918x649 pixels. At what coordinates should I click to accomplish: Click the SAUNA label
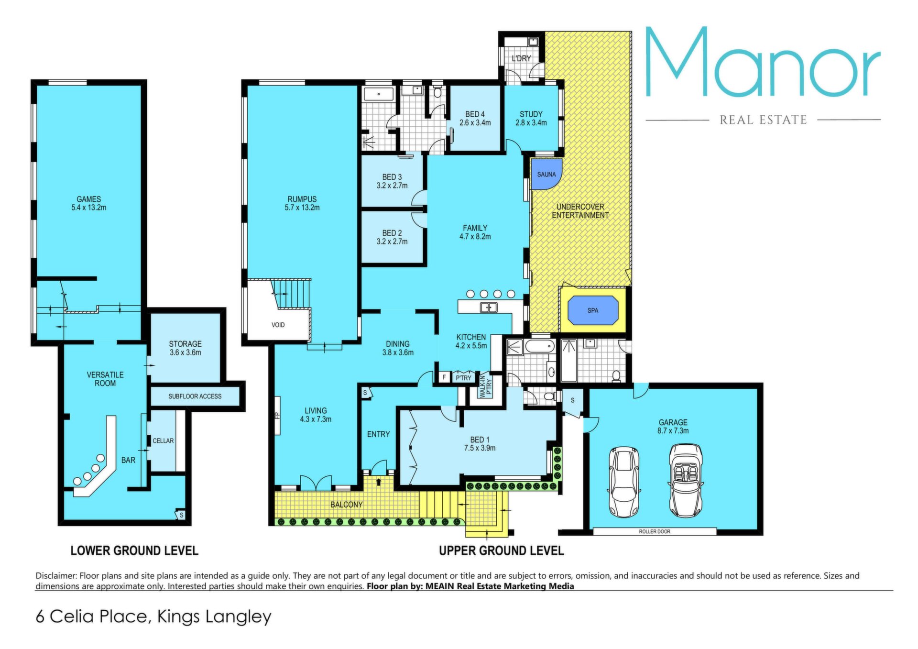(x=546, y=175)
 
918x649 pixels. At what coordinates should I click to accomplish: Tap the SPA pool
(x=593, y=310)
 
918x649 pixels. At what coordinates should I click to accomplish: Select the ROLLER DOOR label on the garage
(x=655, y=531)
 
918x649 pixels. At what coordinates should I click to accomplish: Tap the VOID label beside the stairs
(x=278, y=325)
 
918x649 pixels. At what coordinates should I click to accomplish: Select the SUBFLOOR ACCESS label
(x=195, y=396)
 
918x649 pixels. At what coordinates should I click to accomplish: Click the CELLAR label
(x=163, y=441)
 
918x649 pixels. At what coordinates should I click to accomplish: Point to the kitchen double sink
(x=488, y=308)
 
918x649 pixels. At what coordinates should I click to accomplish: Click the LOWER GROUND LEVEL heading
(x=134, y=551)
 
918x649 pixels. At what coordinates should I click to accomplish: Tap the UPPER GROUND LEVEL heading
(x=502, y=551)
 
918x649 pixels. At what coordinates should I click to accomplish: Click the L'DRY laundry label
(x=521, y=58)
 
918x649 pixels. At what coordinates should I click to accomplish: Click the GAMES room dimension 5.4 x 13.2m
(x=89, y=208)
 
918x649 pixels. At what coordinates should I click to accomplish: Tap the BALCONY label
(x=347, y=505)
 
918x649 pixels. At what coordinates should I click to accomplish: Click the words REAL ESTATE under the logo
(x=764, y=120)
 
